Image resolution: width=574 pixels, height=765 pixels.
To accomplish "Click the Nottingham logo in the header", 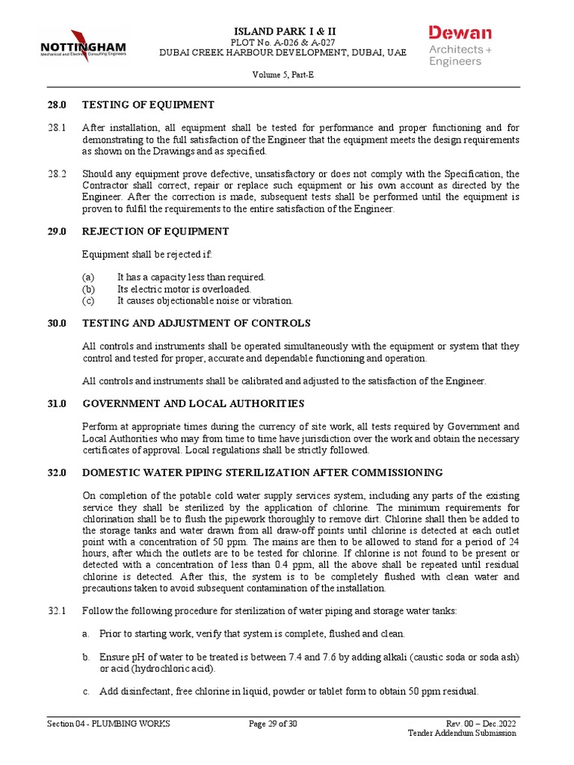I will pos(82,46).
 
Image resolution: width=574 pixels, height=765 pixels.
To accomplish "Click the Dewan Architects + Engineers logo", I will pos(460,46).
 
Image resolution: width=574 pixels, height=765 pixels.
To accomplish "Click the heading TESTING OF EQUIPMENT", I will pos(148,105).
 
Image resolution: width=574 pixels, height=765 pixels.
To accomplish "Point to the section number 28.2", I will pos(58,173).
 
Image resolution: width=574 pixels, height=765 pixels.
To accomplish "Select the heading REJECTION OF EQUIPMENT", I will pos(155,232).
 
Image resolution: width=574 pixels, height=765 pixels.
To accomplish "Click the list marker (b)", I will pos(89,289).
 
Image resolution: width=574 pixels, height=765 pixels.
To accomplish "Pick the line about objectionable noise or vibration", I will pos(205,301).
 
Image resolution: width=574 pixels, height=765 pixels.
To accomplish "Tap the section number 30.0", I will pos(58,323).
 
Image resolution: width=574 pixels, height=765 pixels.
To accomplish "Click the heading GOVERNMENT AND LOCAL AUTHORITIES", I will pos(193,403).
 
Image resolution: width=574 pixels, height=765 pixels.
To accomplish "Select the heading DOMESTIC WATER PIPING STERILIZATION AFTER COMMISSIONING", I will pos(262,473).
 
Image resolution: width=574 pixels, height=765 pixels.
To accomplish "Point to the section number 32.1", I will pos(58,611).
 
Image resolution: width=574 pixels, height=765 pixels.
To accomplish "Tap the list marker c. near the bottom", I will pos(86,691).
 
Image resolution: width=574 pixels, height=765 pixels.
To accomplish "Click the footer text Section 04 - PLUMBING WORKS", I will pos(108,724).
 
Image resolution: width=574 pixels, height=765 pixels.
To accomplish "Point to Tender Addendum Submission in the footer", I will pos(461,734).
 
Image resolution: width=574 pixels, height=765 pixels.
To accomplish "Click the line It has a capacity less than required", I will pos(191,277).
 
